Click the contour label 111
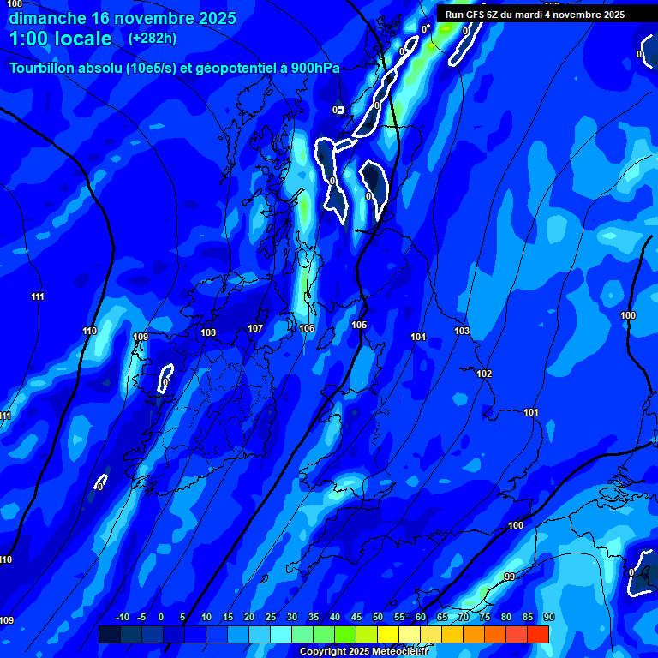tap(38, 297)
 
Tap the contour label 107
tap(255, 328)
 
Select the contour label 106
tap(307, 328)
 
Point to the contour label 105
tap(359, 325)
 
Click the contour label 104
tap(418, 337)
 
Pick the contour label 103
tap(462, 331)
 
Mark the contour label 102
tap(484, 374)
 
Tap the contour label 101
tap(531, 413)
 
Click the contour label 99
tap(510, 577)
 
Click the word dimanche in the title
tap(48, 18)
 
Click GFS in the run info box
tap(482, 15)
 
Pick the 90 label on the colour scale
tap(548, 617)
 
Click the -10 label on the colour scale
tap(123, 617)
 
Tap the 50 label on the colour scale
tap(378, 617)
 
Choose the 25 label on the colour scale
tap(271, 617)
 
